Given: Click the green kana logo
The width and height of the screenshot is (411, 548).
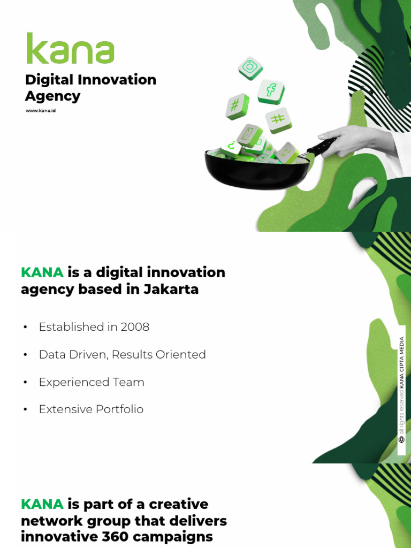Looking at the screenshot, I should pos(70,49).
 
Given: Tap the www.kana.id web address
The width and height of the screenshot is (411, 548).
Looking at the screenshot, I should pos(41,111).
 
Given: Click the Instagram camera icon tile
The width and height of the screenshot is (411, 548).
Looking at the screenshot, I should pos(250,68).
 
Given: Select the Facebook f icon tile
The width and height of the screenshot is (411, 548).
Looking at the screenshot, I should pos(271,91).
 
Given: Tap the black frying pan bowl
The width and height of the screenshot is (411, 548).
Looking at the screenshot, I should pos(257,171).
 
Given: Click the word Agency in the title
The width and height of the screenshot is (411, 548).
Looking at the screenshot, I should pos(52,96).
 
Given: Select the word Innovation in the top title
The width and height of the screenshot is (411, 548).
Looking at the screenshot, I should pos(117,80).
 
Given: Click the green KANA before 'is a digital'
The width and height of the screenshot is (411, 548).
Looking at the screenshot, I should pos(42,272).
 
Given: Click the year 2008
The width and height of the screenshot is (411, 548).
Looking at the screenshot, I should pos(135,327).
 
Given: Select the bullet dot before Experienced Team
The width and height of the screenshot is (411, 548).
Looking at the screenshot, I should pos(25,382).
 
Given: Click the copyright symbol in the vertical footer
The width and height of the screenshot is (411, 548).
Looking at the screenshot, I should pos(401,439).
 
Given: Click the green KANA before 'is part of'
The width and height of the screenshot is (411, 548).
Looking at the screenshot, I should pos(42,504).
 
